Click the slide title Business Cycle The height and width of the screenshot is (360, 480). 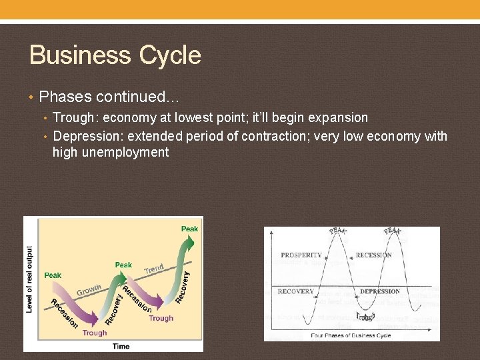point(115,55)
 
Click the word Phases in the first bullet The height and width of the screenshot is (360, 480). point(64,97)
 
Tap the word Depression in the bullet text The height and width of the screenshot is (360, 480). point(87,136)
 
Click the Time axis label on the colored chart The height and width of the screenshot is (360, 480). point(121,346)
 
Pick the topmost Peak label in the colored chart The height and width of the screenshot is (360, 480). point(189,229)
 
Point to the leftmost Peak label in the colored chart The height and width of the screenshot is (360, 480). point(53,275)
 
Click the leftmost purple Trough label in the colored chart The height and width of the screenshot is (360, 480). point(95,333)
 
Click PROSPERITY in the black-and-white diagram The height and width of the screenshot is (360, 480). point(301,255)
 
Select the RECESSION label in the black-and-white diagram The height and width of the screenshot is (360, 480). point(373,255)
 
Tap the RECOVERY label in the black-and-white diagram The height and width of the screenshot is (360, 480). point(295,291)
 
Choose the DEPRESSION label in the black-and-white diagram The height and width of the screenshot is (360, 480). point(380,291)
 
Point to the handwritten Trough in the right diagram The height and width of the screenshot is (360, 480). point(365,316)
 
